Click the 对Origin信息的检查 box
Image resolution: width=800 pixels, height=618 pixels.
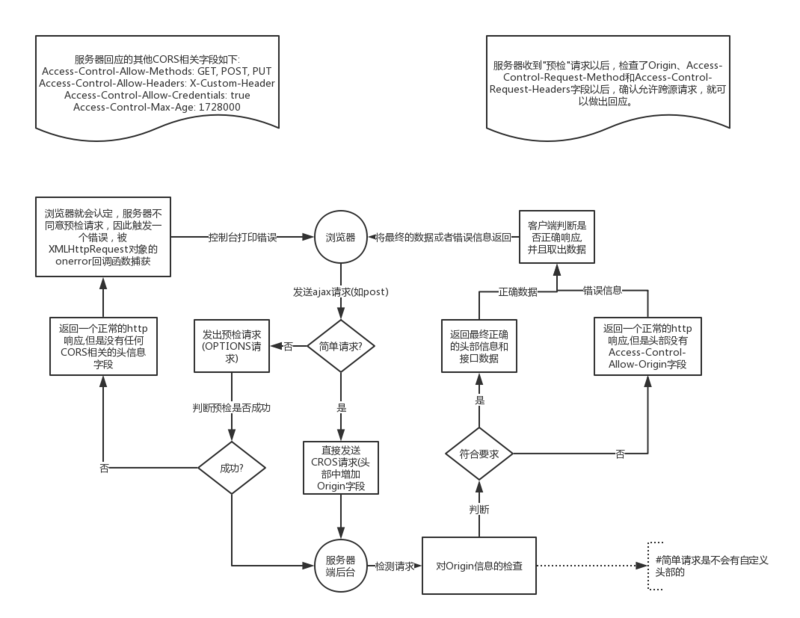[480, 566]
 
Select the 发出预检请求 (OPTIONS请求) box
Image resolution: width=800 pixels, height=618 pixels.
[231, 346]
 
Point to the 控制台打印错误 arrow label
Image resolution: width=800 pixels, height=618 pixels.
[243, 238]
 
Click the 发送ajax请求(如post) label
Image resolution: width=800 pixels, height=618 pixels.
[340, 291]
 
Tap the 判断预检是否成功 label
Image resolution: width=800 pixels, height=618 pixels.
[232, 407]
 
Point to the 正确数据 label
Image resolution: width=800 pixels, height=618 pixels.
[517, 291]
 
